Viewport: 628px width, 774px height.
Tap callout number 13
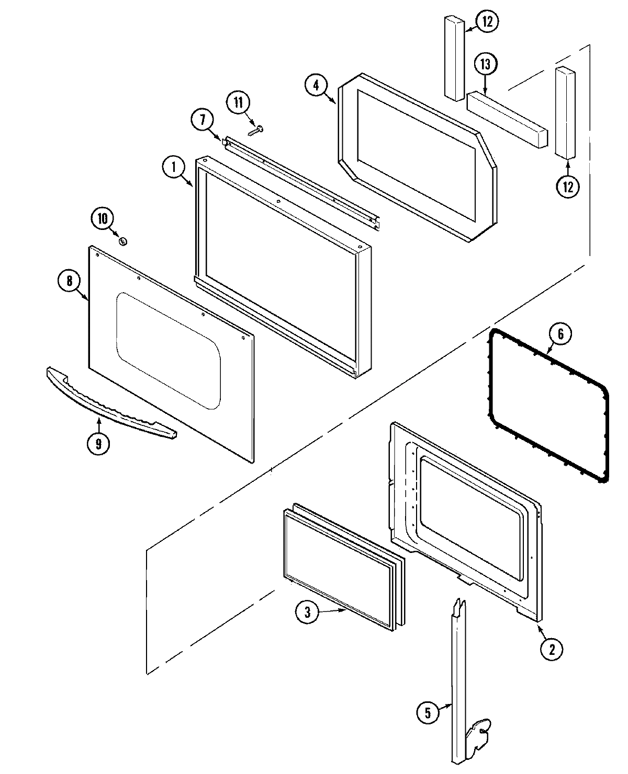click(486, 65)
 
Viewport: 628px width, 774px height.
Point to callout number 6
click(560, 334)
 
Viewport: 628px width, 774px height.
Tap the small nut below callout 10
click(124, 241)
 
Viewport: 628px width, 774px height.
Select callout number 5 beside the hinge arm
click(428, 713)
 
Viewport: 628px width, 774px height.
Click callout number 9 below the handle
click(98, 444)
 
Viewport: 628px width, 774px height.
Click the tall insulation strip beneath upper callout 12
click(455, 57)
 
